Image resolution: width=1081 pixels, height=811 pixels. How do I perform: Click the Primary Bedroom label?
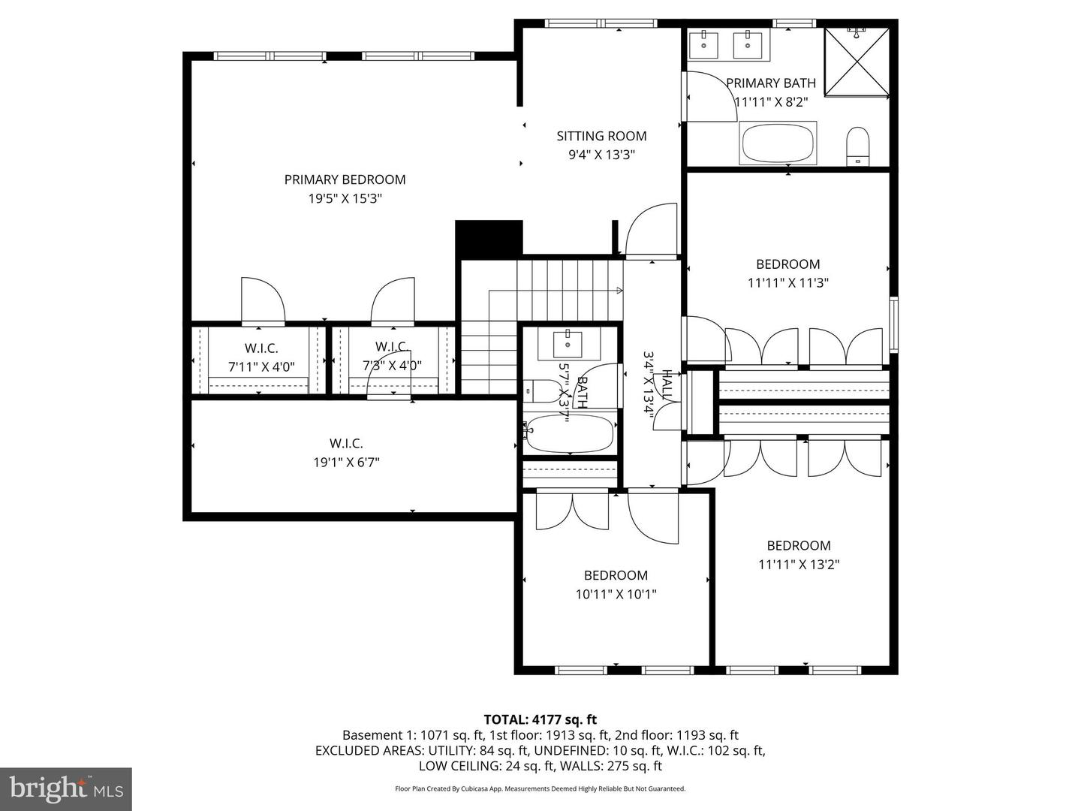[345, 179]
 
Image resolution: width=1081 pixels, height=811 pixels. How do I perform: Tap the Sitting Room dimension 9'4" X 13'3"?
[601, 155]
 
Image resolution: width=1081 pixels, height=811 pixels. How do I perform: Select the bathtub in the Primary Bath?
[778, 143]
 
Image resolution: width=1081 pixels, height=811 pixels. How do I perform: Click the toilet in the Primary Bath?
[857, 145]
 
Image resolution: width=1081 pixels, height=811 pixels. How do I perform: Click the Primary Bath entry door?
[709, 96]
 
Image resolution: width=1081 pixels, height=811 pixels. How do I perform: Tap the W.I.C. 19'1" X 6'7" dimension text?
[346, 463]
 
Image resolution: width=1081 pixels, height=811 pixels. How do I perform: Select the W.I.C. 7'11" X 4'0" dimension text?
[261, 367]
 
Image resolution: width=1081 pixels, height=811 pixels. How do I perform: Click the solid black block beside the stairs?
[489, 239]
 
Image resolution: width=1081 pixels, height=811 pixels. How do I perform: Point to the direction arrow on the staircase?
[619, 290]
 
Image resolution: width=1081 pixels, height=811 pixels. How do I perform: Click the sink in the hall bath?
[568, 344]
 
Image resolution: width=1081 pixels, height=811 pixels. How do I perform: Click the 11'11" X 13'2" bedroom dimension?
[799, 565]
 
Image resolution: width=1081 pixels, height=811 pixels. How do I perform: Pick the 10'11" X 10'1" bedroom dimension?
[616, 594]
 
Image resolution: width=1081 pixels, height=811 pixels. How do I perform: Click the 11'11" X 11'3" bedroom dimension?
[787, 283]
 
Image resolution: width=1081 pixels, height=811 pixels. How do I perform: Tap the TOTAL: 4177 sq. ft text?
[540, 720]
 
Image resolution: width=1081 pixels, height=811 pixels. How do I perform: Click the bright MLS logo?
[66, 788]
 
